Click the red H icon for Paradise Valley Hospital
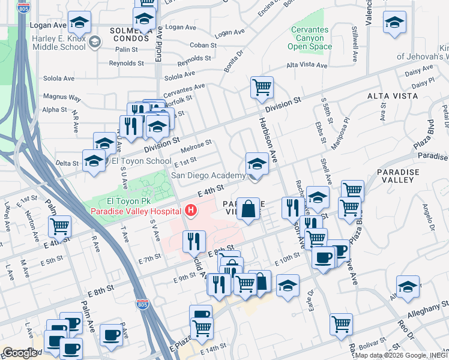pos(191,211)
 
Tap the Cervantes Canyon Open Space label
pos(310,38)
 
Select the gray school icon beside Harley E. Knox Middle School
pos(94,42)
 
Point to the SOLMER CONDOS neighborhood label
pos(129,34)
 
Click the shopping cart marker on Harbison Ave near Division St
pos(262,88)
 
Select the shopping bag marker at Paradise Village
pos(249,209)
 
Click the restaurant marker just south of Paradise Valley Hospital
pos(194,241)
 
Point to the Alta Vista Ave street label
pos(307,65)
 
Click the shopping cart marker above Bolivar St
pos(341,324)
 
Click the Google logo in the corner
pos(20,353)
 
